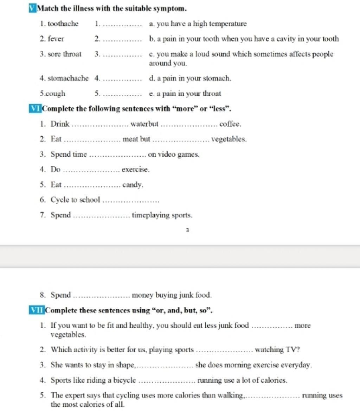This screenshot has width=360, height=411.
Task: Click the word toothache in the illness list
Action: pos(63,24)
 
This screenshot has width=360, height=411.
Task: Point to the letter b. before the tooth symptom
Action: pos(152,39)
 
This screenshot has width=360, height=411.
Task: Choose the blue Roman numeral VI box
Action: pos(35,108)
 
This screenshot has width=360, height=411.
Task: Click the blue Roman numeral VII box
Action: pos(36,311)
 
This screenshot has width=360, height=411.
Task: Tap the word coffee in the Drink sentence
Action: pos(230,124)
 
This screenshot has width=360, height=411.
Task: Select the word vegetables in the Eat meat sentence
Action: pos(229,139)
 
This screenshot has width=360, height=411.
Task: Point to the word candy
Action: pos(133,185)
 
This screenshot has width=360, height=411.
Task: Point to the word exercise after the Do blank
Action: pos(135,170)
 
